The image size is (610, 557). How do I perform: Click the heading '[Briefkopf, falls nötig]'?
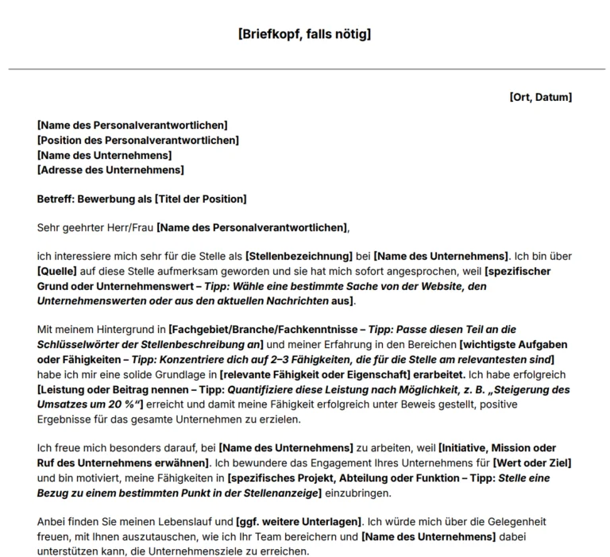point(304,34)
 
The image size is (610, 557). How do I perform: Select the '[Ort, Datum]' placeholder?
point(540,97)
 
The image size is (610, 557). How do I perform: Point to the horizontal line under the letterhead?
point(304,69)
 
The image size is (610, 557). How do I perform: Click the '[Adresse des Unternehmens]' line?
point(110,169)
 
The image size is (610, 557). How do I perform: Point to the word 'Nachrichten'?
point(297,301)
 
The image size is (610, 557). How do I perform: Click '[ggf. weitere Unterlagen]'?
point(299,524)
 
